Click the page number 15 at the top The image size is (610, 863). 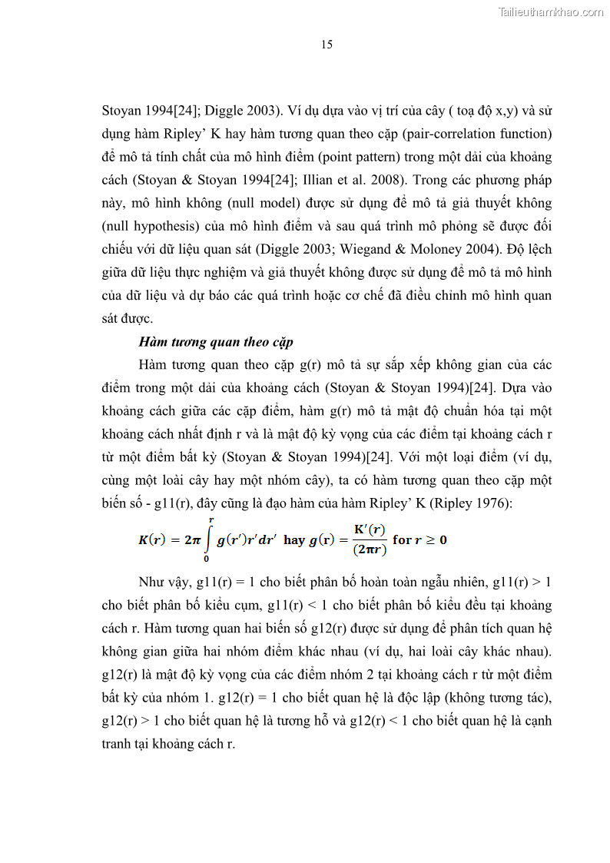[x=327, y=45]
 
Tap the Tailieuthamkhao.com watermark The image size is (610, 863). [x=551, y=12]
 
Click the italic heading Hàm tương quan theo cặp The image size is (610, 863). [x=216, y=342]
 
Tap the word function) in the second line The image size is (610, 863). [x=525, y=134]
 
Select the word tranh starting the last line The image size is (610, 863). [x=118, y=744]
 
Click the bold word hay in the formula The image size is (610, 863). [x=294, y=539]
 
